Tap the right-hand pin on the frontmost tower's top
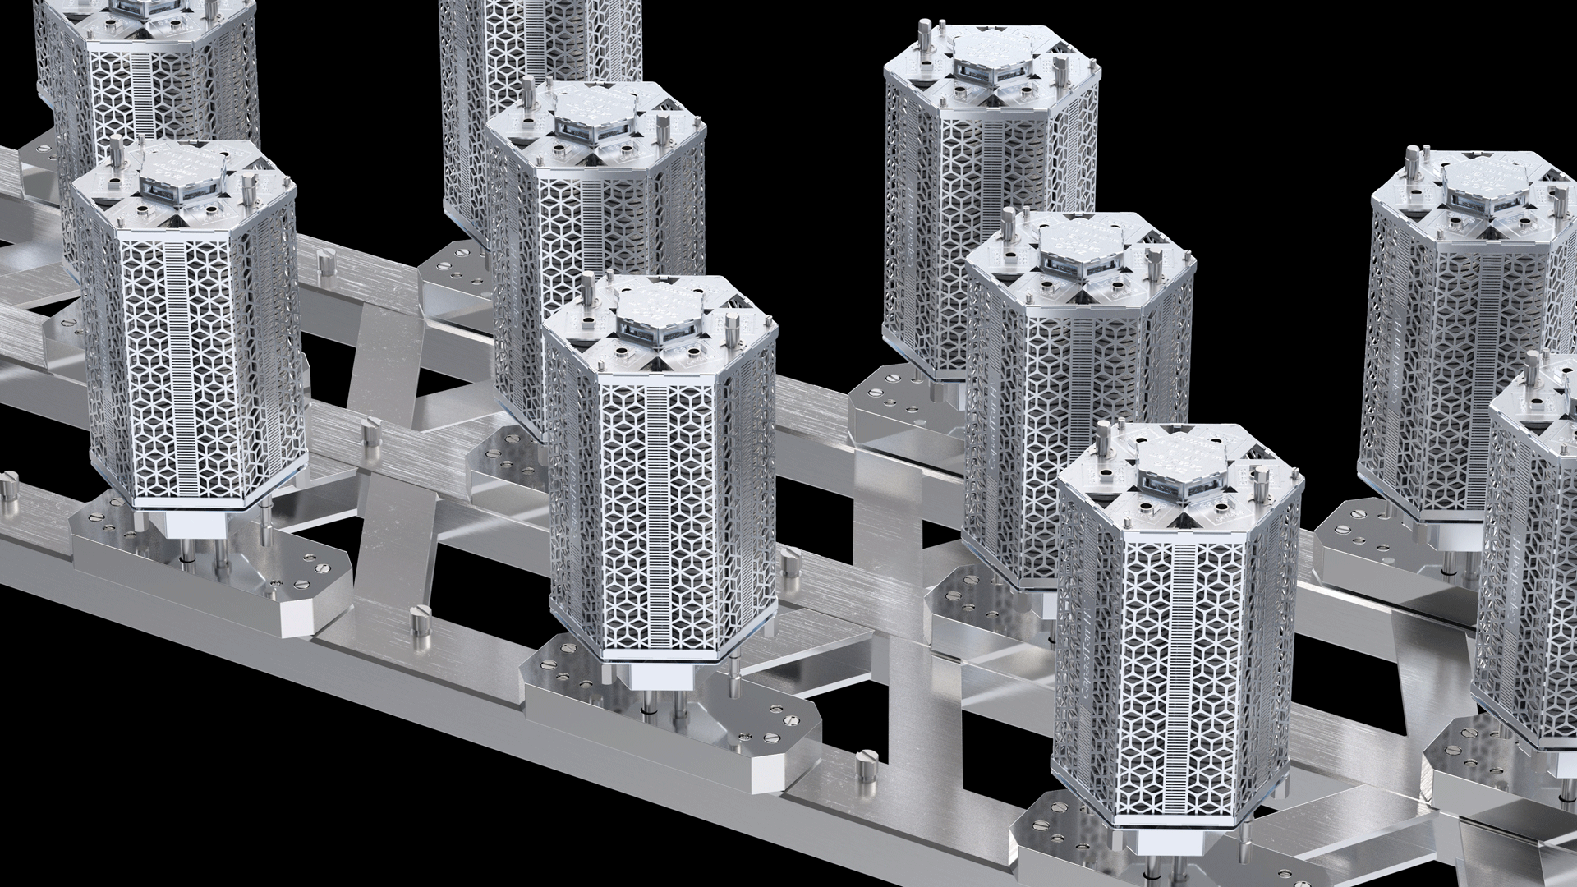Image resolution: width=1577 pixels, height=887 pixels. pos(1257,476)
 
